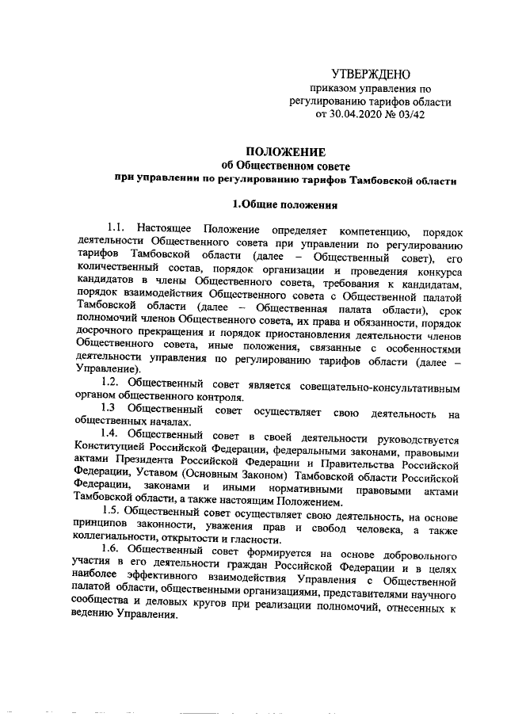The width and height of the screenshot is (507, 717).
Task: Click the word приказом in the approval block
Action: tap(334, 89)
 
